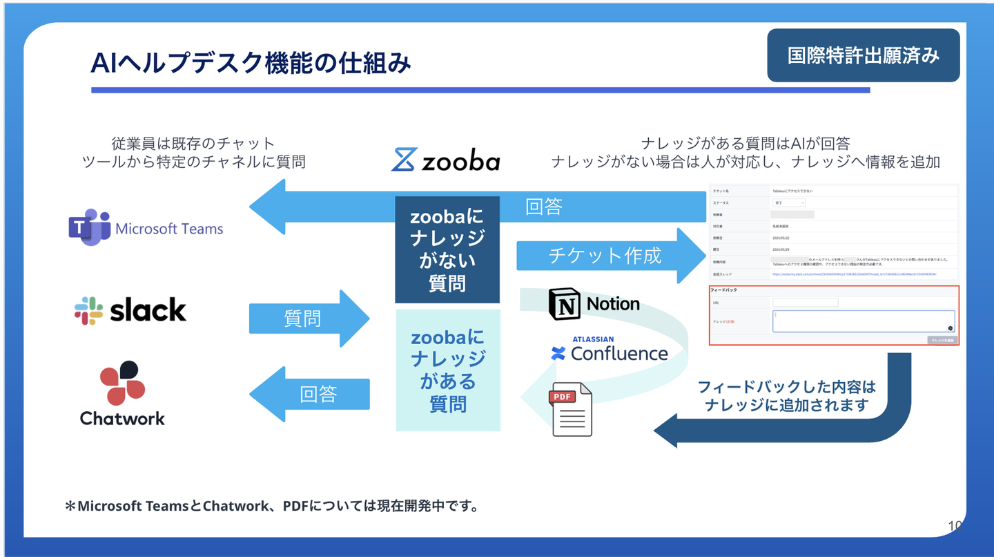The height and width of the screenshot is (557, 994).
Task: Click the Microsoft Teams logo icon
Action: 89,227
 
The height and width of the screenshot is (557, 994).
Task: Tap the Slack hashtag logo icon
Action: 88,311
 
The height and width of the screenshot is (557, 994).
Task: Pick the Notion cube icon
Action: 565,304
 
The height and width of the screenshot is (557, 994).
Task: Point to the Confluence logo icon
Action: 558,354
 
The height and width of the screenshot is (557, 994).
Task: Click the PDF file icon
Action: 572,409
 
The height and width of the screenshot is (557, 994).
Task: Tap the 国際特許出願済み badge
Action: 863,55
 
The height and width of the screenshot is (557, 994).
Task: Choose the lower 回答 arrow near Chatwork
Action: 310,394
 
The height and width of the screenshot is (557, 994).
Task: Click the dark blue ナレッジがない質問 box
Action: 447,249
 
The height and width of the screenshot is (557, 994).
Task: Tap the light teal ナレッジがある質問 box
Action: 447,370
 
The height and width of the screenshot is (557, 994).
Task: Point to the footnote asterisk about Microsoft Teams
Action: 70,507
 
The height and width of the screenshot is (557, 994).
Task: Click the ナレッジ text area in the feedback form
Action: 863,321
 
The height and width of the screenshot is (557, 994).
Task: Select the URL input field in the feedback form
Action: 805,303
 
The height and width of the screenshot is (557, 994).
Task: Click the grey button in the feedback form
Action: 942,340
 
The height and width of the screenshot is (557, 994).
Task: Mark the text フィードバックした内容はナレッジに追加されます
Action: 786,396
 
